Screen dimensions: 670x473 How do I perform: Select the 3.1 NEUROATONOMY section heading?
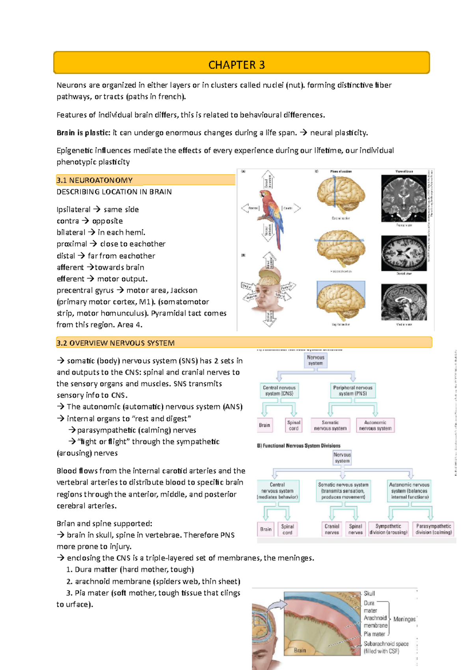[95, 180]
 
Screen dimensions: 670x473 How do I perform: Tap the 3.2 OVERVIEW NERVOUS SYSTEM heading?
[115, 343]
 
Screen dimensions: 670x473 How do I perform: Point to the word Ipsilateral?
[73, 210]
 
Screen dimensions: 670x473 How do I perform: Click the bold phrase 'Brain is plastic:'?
[83, 133]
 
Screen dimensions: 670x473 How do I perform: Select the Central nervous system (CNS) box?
[279, 391]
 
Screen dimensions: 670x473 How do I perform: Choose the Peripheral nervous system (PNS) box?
[352, 391]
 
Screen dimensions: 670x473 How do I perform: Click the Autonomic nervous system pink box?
[375, 425]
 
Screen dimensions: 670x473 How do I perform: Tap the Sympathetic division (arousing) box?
[388, 529]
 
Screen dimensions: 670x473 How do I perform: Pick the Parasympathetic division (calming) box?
[434, 529]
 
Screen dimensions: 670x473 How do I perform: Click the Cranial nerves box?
[332, 529]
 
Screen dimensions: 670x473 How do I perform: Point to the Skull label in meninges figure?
[369, 593]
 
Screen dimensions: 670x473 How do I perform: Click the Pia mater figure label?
[374, 634]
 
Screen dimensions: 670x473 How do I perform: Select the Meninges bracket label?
[404, 619]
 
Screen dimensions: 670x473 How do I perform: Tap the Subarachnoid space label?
[385, 647]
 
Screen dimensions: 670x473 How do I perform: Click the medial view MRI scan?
[404, 302]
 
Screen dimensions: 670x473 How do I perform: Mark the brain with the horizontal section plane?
[341, 249]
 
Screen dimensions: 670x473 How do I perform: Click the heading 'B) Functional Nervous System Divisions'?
[299, 445]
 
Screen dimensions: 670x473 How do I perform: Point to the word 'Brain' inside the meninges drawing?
[300, 650]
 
